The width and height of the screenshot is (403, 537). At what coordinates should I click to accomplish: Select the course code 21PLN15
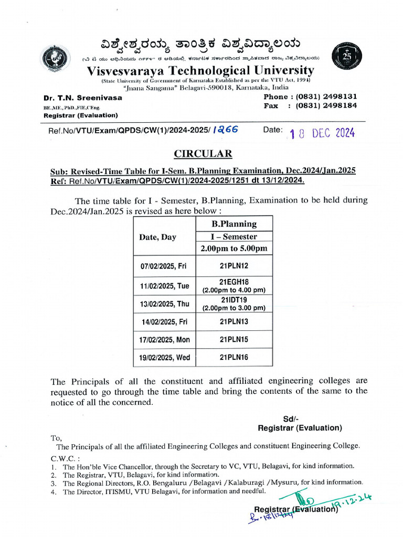[x=234, y=340]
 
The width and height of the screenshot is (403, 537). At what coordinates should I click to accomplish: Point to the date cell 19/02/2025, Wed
[x=165, y=358]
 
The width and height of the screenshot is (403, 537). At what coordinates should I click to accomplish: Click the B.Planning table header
[x=234, y=224]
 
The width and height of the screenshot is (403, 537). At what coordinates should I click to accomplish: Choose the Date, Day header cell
[x=157, y=237]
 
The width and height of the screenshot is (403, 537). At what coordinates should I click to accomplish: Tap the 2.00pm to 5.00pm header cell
[x=234, y=249]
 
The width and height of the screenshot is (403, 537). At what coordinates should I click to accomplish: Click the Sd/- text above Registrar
[x=290, y=419]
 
